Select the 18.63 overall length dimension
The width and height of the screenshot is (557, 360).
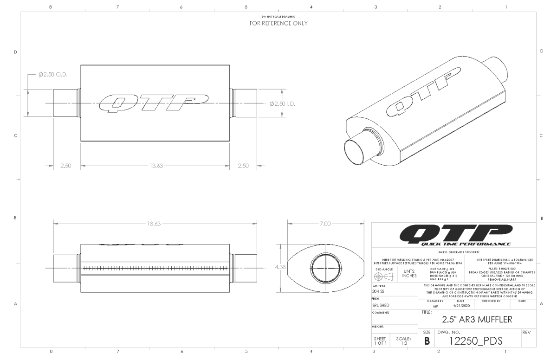point(154,223)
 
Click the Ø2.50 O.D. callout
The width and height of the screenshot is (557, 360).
point(52,76)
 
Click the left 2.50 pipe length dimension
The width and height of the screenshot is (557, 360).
point(65,166)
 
